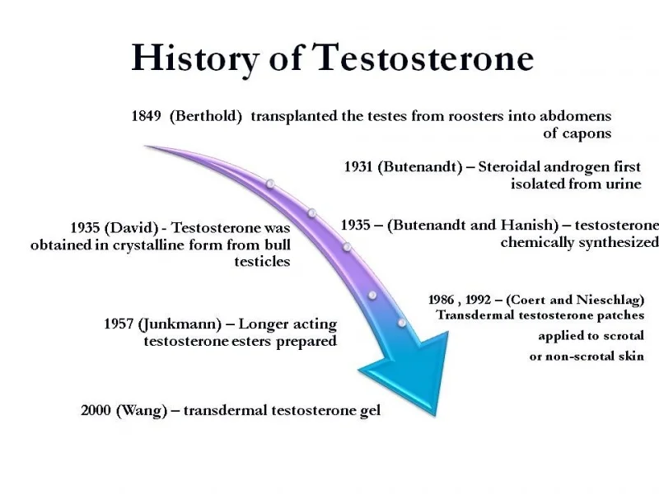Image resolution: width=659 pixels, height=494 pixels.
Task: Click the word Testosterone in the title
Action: coord(423,58)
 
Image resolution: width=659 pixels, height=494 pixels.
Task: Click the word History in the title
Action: coord(195,58)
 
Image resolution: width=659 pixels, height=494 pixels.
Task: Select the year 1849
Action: coord(147,115)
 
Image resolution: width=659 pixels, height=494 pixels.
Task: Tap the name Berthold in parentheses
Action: coord(206,116)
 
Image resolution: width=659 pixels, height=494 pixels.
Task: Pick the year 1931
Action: coord(358,167)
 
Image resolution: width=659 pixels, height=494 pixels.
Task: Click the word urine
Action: coord(624,184)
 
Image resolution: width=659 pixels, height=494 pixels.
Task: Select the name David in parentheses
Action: coord(131,228)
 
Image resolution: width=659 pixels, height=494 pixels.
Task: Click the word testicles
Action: coord(262,261)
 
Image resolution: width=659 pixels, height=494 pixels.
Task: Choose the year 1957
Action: coord(119,324)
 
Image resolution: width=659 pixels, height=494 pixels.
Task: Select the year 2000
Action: coord(96,410)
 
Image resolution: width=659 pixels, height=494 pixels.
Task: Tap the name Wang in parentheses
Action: coord(141,410)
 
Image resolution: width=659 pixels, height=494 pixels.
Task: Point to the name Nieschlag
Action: coord(609,300)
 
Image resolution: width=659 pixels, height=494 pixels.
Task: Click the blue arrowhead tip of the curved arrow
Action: coord(435,416)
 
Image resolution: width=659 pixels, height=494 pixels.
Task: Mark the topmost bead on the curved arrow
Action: coord(270,184)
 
